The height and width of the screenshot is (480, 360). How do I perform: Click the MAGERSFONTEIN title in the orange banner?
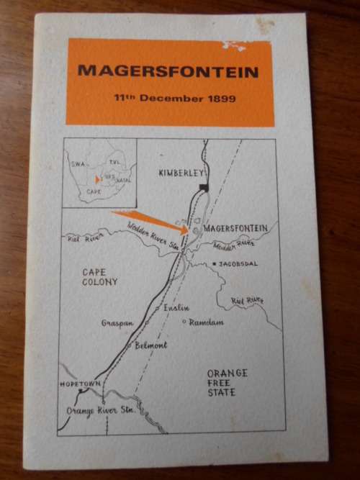pos(167,71)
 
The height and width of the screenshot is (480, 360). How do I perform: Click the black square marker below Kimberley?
pos(204,187)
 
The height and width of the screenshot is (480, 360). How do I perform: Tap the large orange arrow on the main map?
pos(151,222)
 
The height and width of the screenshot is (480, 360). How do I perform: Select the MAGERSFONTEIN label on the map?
pos(236,228)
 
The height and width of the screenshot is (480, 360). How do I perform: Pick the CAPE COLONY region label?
pos(99,277)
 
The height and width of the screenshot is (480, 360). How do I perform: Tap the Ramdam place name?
pos(207,322)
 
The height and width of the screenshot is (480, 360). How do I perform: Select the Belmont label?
pos(151,345)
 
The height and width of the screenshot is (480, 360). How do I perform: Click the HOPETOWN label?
pos(79,385)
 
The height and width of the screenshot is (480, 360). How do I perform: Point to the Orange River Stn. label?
pos(100,411)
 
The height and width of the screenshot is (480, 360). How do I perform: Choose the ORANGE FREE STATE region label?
pos(227,383)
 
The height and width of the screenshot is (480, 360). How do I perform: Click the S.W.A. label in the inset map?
pos(78,164)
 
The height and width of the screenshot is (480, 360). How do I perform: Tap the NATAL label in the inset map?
pos(123,180)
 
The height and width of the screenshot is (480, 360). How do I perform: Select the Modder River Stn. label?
pos(153,235)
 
